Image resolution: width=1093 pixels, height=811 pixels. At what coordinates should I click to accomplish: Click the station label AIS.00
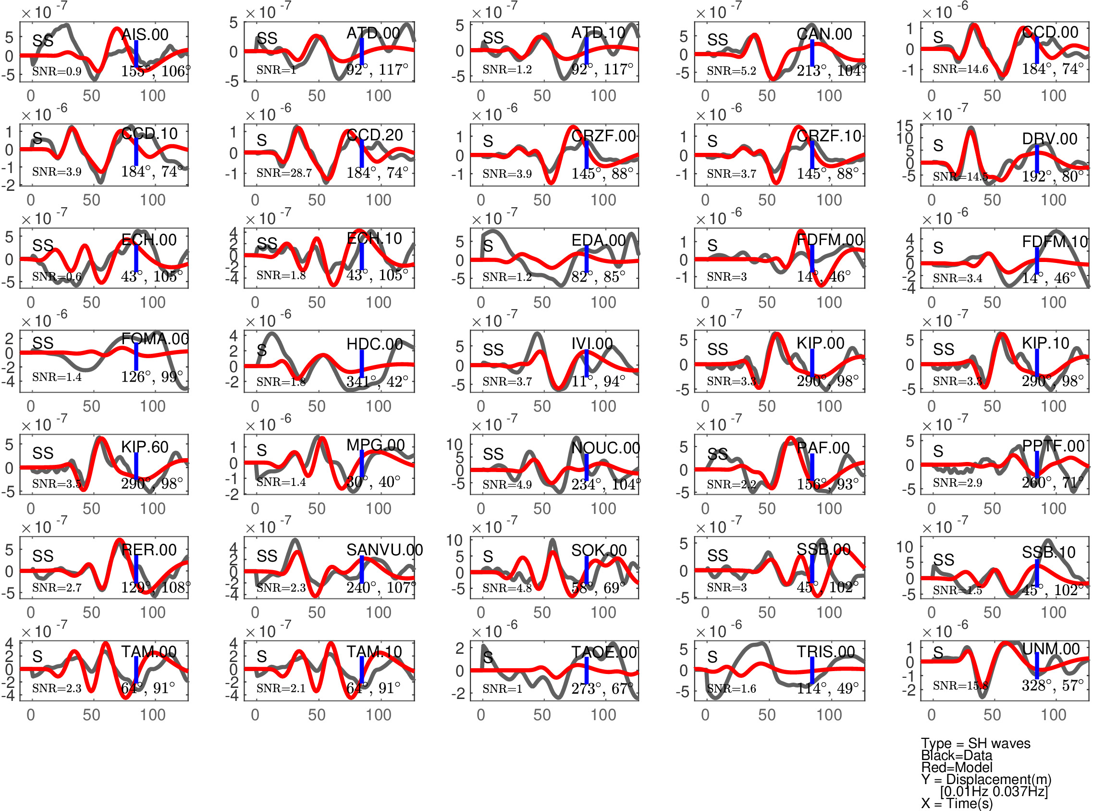[145, 34]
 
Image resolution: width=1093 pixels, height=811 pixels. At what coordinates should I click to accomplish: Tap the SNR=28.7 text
[284, 173]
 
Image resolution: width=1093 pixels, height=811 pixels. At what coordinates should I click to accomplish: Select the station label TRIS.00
[826, 651]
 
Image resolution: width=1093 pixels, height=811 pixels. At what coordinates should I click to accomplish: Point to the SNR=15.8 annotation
[960, 686]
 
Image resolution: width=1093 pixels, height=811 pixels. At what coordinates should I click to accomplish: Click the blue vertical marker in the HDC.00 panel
[362, 364]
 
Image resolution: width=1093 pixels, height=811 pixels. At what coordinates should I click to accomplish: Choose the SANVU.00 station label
[385, 550]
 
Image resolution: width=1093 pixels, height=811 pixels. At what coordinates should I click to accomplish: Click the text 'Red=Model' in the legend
[957, 767]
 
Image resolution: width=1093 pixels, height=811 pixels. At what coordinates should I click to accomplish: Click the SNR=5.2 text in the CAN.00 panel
[731, 71]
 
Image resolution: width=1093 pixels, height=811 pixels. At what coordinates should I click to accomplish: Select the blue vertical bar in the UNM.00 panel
[1037, 667]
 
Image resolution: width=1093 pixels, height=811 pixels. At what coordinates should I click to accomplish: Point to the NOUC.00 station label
[606, 448]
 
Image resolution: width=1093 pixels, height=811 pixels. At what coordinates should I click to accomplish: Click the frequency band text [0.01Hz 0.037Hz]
[994, 791]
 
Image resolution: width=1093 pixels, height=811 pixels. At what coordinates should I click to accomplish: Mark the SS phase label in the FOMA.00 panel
[43, 343]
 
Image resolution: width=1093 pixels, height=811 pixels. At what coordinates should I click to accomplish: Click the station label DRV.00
[1050, 139]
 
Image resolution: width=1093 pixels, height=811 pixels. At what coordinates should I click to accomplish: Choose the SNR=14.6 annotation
[960, 69]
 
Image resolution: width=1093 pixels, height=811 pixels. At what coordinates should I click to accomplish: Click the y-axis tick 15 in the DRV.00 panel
[905, 125]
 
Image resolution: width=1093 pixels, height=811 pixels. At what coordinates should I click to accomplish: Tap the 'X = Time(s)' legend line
[957, 804]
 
